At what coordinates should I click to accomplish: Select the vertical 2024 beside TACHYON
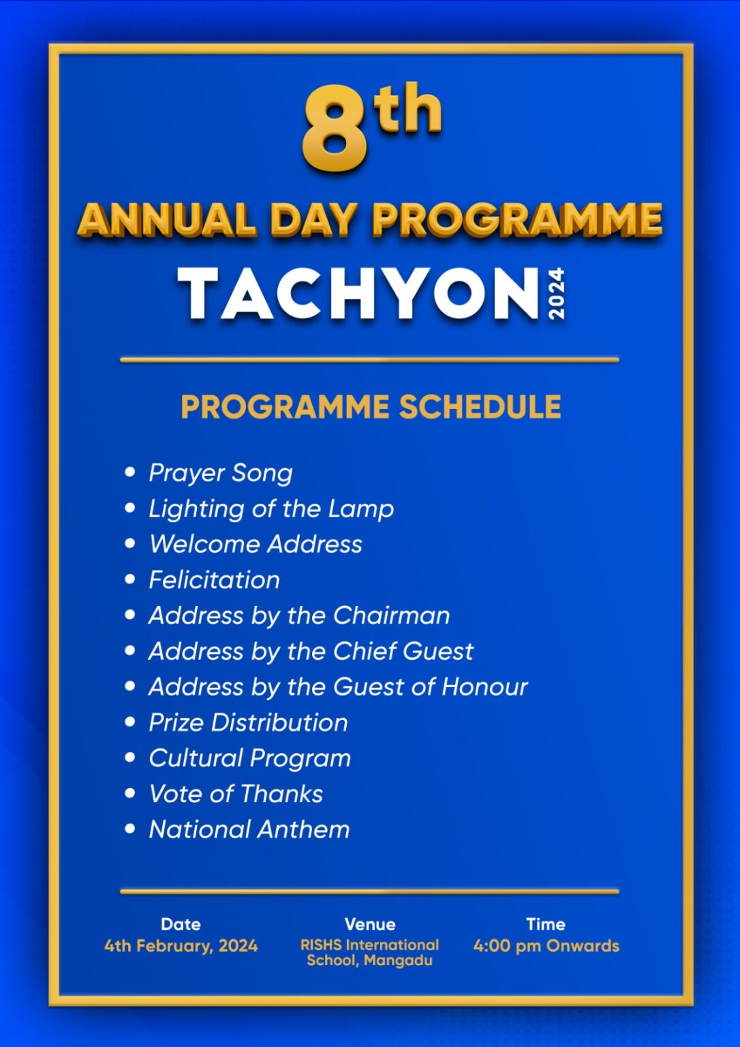[x=556, y=293]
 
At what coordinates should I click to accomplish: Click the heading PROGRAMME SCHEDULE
[x=371, y=407]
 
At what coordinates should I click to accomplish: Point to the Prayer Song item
[x=221, y=473]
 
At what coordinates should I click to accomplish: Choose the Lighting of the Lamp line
[x=271, y=509]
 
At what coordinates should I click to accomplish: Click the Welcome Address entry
[x=256, y=544]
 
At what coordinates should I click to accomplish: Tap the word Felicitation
[x=214, y=580]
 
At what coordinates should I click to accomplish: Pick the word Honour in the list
[x=484, y=686]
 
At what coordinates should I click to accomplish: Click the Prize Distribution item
[x=248, y=723]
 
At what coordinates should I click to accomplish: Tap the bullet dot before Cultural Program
[x=130, y=757]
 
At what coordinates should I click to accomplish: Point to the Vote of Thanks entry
[x=236, y=793]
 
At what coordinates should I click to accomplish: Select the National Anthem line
[x=249, y=830]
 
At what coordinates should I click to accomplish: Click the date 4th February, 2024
[x=181, y=945]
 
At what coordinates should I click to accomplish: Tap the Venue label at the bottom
[x=370, y=924]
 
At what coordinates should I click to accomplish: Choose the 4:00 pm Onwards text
[x=546, y=945]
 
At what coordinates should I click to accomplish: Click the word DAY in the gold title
[x=313, y=220]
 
